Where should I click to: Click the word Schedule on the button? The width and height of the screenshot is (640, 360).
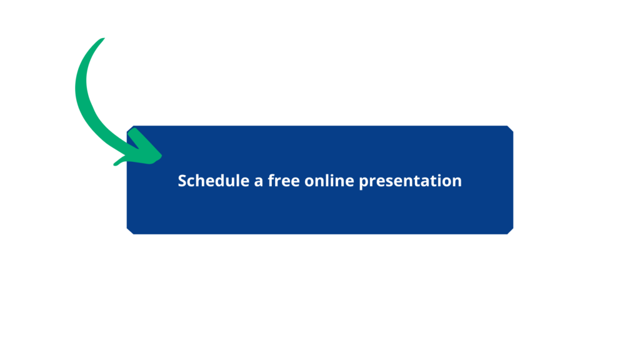214,181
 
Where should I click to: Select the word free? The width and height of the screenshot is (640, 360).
284,181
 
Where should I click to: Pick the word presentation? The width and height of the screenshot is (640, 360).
410,182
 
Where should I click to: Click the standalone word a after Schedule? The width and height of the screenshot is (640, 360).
258,182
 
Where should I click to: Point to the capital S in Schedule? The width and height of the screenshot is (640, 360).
182,181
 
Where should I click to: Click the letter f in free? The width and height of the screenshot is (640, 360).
271,181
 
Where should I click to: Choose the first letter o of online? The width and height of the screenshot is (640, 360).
309,182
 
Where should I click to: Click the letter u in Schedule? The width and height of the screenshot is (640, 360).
234,182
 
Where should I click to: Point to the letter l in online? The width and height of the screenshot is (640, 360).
329,181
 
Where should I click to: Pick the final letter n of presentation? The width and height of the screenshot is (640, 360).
457,182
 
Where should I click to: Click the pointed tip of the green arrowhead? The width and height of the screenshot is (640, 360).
161,156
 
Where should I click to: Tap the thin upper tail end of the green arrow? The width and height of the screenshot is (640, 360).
104,38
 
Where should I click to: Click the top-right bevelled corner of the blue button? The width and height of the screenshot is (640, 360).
510,129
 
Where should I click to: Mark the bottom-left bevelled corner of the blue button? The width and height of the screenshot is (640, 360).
130,231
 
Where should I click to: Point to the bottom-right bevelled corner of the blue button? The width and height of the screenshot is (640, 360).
510,231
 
